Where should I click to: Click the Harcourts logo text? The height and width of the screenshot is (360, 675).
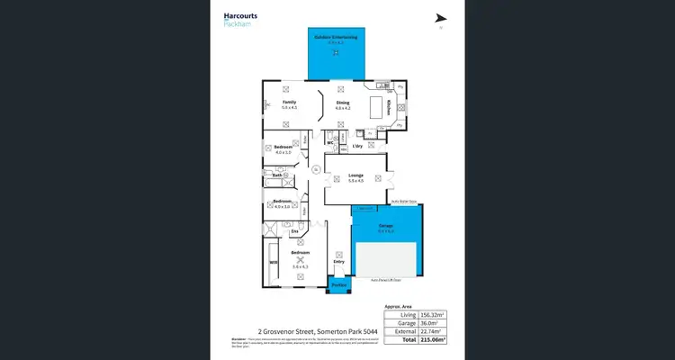[x=238, y=15]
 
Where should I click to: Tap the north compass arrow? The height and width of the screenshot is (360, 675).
[x=440, y=18]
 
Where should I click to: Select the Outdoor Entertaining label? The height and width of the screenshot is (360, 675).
[x=336, y=37]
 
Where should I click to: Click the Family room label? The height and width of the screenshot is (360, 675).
[x=289, y=103]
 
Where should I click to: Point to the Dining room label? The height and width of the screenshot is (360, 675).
[x=342, y=103]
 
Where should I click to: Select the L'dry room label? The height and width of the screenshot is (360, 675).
[x=356, y=146]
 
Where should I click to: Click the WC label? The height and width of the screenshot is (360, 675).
[x=331, y=141]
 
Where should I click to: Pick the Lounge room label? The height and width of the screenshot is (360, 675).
[x=355, y=176]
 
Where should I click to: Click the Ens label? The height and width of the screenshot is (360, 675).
[x=295, y=231]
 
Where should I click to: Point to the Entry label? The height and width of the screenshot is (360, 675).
[x=338, y=262]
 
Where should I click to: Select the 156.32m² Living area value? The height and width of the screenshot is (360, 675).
[x=431, y=315]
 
